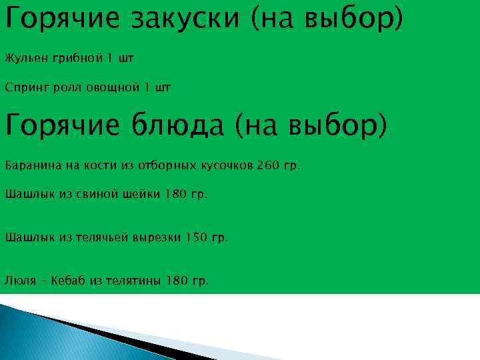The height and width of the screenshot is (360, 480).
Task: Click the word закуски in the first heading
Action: [185, 21]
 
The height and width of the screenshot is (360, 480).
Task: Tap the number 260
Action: [271, 165]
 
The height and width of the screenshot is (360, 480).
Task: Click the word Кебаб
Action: [65, 281]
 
